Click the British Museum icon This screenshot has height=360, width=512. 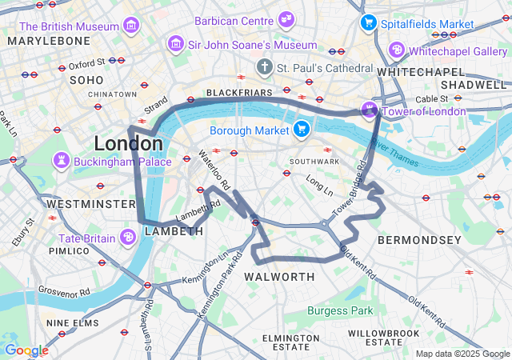tap(130, 26)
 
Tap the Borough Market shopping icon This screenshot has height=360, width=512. tap(301, 130)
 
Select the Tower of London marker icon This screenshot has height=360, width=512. tap(370, 110)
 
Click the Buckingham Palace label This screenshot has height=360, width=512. tap(122, 161)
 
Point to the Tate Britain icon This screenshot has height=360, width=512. tap(127, 238)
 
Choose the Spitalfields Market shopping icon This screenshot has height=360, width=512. tap(368, 23)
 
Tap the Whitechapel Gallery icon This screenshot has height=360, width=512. tap(396, 50)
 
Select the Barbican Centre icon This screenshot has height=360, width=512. tap(286, 20)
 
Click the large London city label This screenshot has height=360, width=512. tap(128, 144)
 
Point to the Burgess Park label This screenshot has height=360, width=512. tap(341, 310)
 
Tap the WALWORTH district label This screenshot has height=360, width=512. tap(279, 277)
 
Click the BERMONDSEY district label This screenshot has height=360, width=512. tap(419, 240)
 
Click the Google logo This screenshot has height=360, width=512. tap(26, 350)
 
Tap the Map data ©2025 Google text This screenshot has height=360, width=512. tap(462, 354)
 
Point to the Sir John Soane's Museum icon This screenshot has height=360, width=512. tap(175, 45)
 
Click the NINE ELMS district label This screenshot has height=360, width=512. tap(73, 323)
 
